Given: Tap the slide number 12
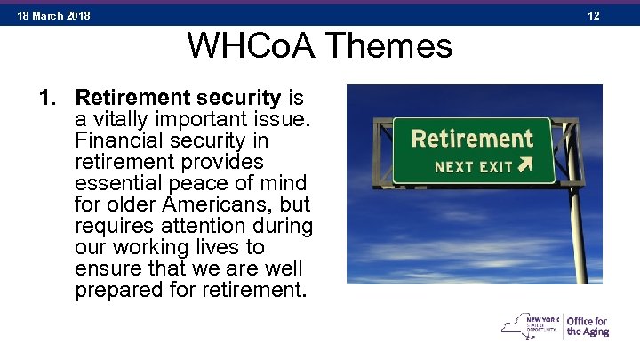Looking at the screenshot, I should tap(594, 16).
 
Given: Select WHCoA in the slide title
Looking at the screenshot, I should tap(245, 46).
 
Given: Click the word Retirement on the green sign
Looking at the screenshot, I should tap(472, 140).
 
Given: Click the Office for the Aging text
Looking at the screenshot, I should tap(587, 326).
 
